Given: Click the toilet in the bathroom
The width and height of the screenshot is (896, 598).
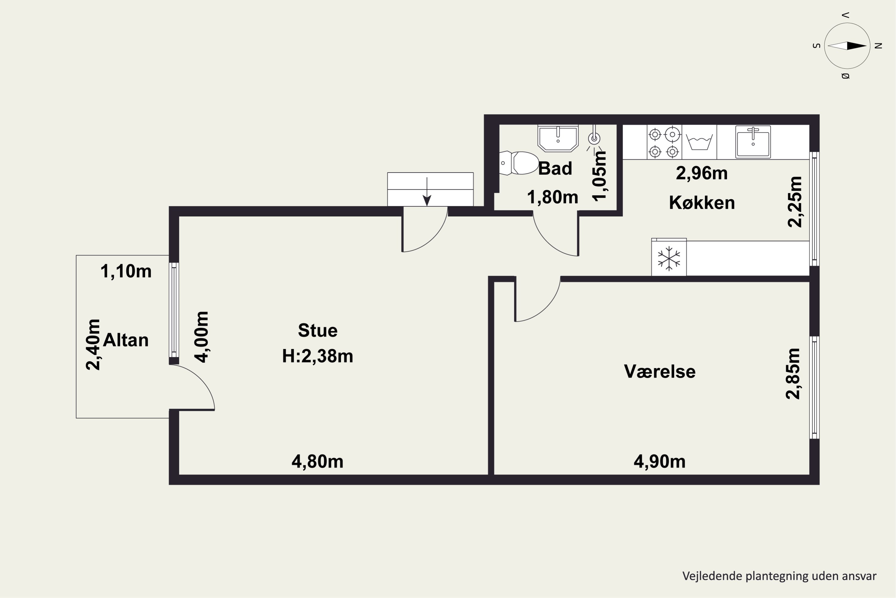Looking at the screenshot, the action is coord(518,163).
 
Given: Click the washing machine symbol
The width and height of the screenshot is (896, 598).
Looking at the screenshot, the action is coord(699,142).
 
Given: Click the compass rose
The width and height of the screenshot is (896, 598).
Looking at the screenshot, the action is coord(847,46).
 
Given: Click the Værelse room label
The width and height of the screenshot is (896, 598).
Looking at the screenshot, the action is coord(659,371).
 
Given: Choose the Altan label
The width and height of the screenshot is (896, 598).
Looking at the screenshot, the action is coord(126,340).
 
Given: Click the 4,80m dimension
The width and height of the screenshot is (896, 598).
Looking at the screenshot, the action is coord(317,461).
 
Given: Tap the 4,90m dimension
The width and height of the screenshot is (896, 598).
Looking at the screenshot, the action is coord(659,461).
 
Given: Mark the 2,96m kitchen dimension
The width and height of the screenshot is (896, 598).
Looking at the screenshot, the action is coord(702,173).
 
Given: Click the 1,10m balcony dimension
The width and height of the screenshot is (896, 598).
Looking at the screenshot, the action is coord(126,271).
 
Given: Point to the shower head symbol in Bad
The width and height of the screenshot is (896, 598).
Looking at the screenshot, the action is coord(594,138).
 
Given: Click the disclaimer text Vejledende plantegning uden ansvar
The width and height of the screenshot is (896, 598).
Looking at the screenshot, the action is coord(779,576).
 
